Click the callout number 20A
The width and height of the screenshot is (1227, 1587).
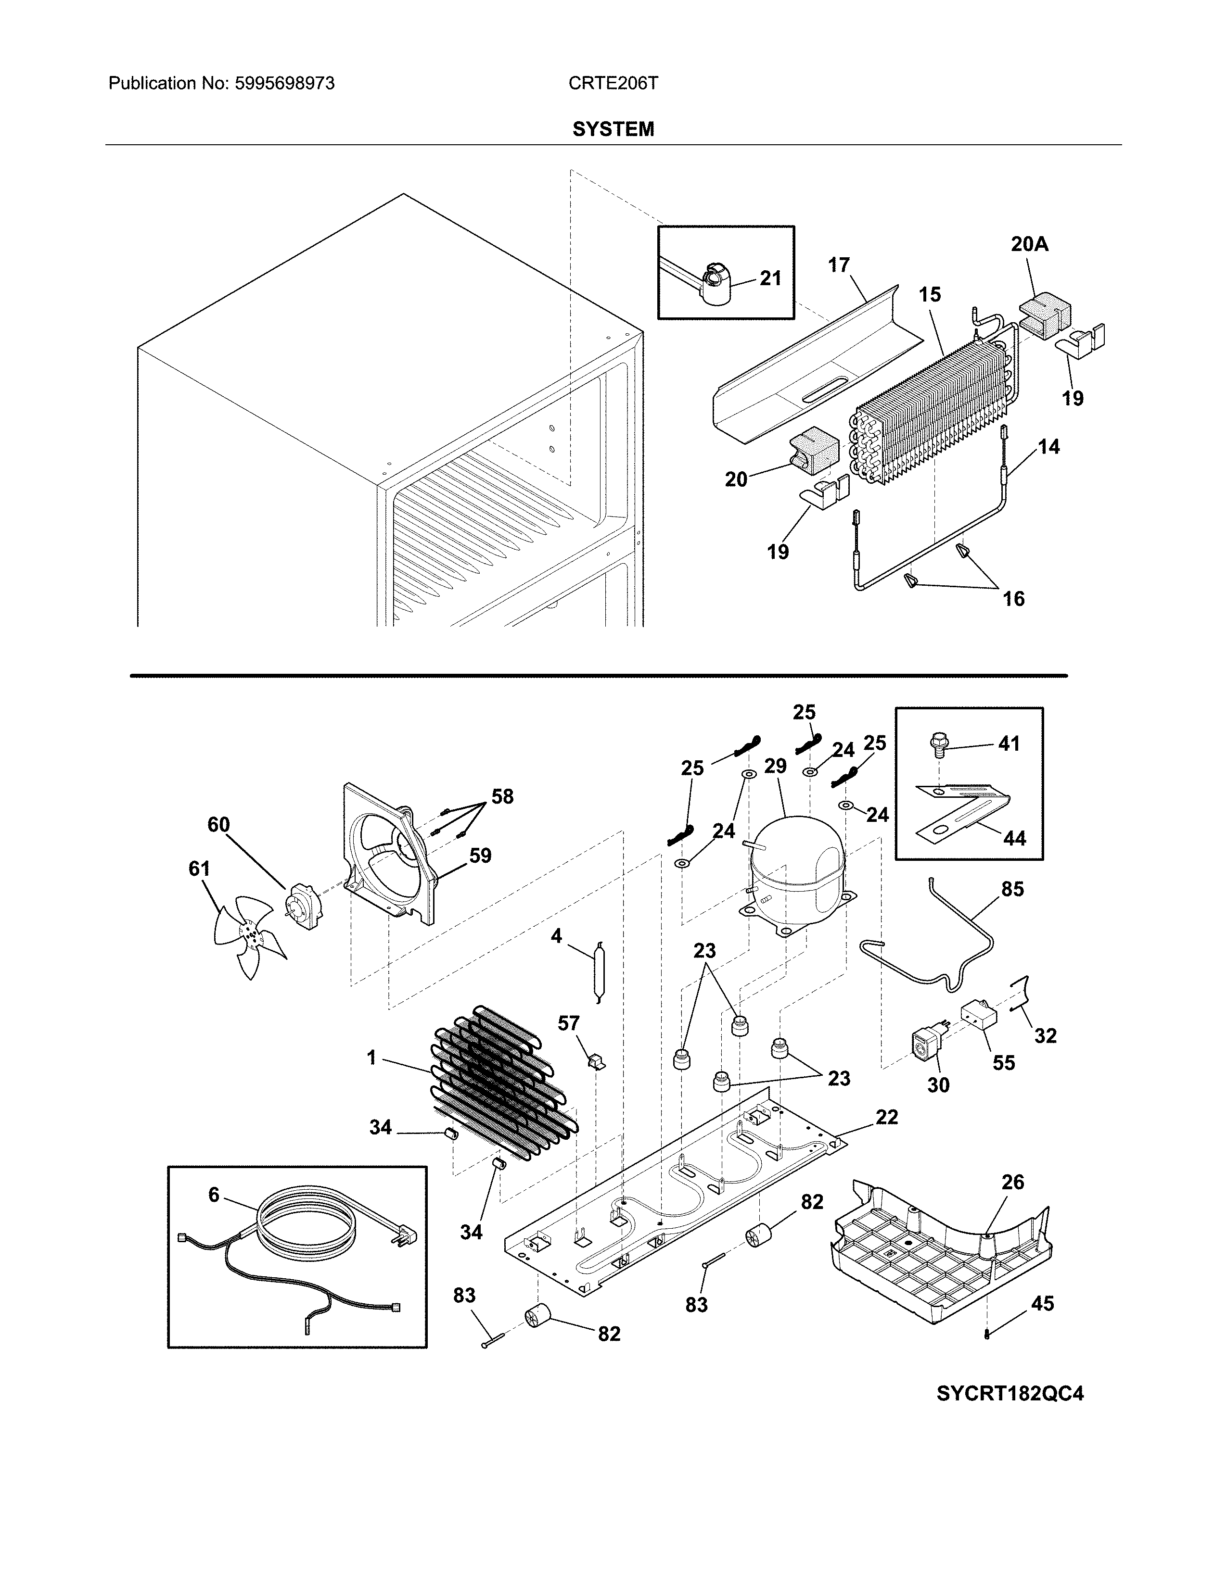pos(1029,245)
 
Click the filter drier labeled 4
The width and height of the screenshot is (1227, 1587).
pos(598,974)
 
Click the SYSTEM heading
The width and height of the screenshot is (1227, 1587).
pos(613,129)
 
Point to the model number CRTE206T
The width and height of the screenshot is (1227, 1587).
pos(613,84)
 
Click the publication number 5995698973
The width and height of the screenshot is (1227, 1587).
pos(284,84)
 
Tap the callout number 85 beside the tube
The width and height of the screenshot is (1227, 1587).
pos(1012,889)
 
